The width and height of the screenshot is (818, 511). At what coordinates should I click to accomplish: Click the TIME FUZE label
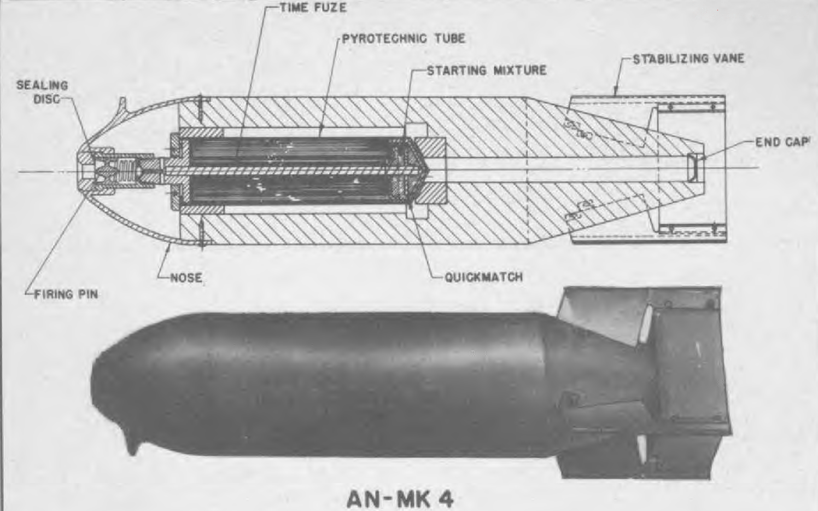click(x=313, y=8)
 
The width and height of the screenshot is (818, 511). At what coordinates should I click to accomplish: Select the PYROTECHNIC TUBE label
click(x=404, y=38)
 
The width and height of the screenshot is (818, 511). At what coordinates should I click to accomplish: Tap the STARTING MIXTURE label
click(x=487, y=70)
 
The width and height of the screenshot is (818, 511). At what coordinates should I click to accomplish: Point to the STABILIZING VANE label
click(x=688, y=59)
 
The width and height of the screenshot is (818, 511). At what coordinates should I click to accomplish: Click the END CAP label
click(x=781, y=142)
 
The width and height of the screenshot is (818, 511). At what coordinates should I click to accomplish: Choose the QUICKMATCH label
click(x=483, y=277)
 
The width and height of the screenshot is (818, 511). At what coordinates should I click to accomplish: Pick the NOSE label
click(x=186, y=278)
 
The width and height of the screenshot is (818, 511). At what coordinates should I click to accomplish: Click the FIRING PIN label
click(x=66, y=294)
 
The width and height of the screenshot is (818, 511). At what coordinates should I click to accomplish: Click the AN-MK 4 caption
click(x=400, y=498)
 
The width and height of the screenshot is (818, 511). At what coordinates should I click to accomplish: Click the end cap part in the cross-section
click(x=692, y=167)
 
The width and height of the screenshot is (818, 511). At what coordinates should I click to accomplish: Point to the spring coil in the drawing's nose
click(x=125, y=170)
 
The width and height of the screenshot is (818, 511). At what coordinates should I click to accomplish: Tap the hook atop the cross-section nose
click(x=122, y=106)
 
